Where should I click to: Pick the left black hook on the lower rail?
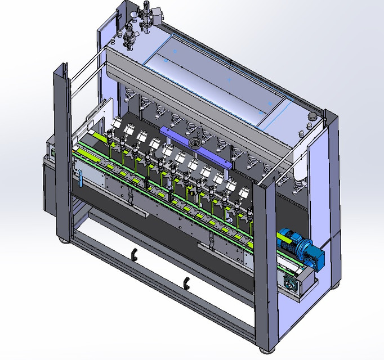[134, 254]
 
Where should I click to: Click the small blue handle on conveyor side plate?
[80, 178]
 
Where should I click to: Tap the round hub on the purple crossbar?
[195, 142]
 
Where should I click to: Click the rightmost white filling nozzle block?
[244, 192]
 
